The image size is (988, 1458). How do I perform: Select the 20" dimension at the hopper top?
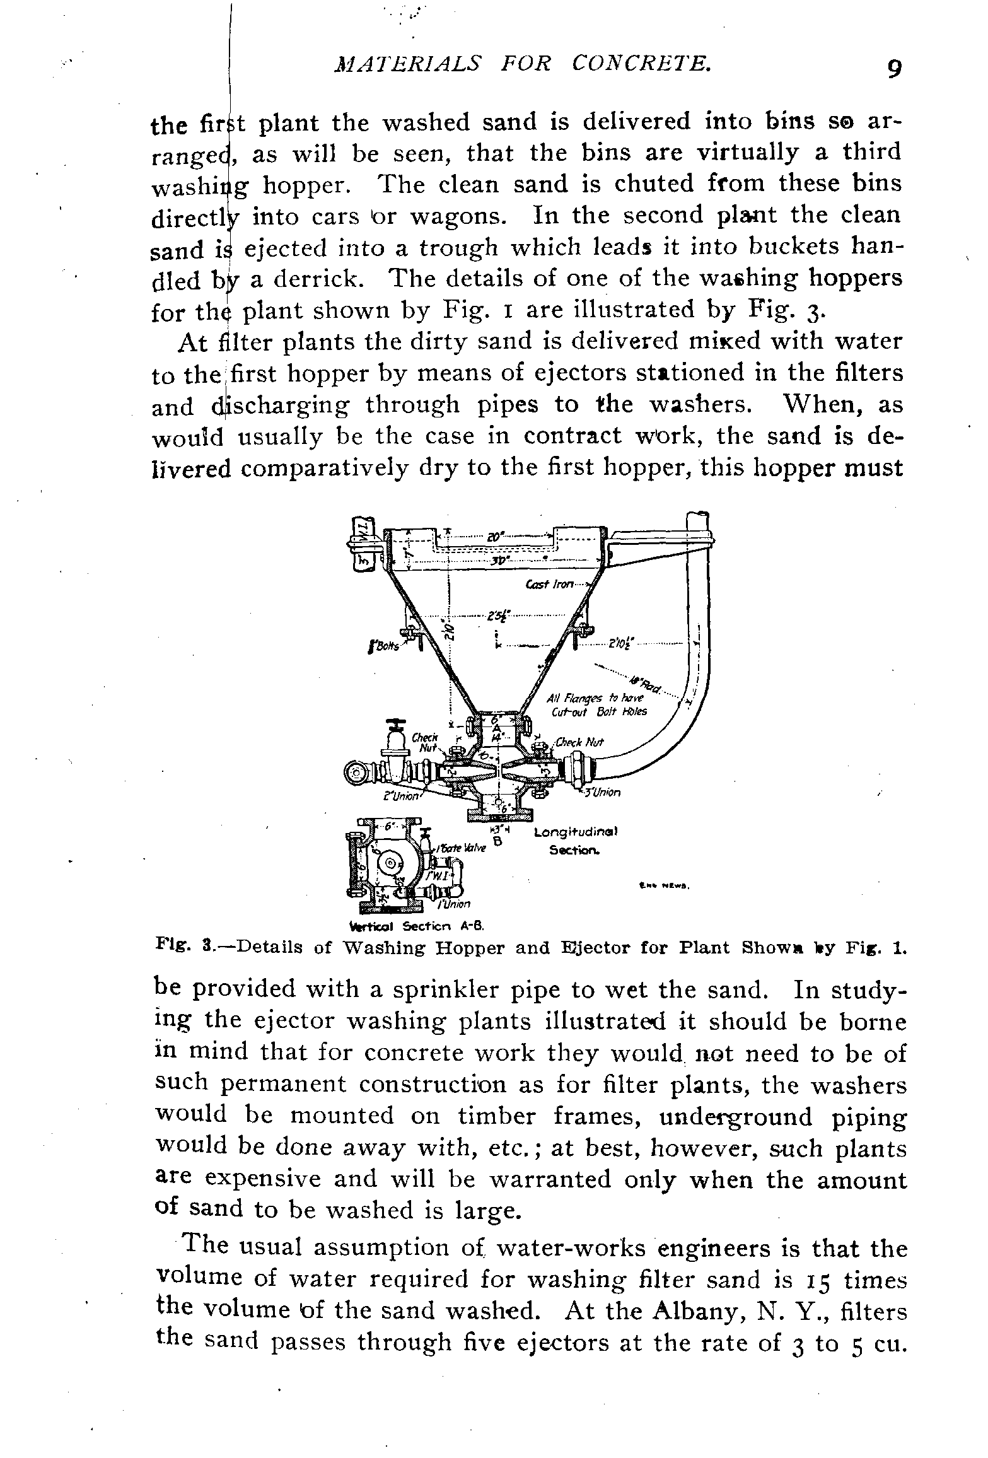point(494,537)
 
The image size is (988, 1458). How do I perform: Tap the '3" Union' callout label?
point(603,792)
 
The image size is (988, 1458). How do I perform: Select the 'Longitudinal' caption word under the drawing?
point(575,832)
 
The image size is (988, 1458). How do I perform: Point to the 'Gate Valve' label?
point(463,848)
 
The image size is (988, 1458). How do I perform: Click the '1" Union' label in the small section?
point(454,904)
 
